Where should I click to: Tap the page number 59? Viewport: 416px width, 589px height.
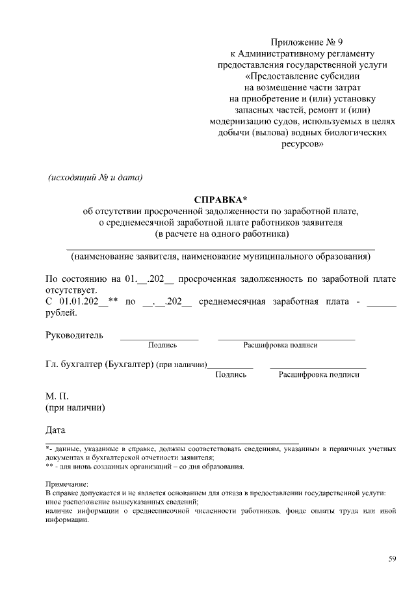coord(392,558)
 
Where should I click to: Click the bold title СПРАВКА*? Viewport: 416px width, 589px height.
coord(221,199)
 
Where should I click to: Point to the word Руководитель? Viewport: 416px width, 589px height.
coord(74,335)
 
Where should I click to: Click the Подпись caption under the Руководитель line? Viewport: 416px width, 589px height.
coord(162,345)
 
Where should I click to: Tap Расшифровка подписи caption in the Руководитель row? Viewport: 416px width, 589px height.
coord(280,345)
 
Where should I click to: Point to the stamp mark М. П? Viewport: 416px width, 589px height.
coord(57,396)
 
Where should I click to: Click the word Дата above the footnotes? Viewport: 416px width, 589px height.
coord(56,430)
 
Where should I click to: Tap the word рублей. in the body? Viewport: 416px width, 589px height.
coord(61,312)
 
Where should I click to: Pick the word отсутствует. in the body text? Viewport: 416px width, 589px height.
coord(71,290)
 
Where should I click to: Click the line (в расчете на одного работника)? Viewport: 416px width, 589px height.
coord(221,234)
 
